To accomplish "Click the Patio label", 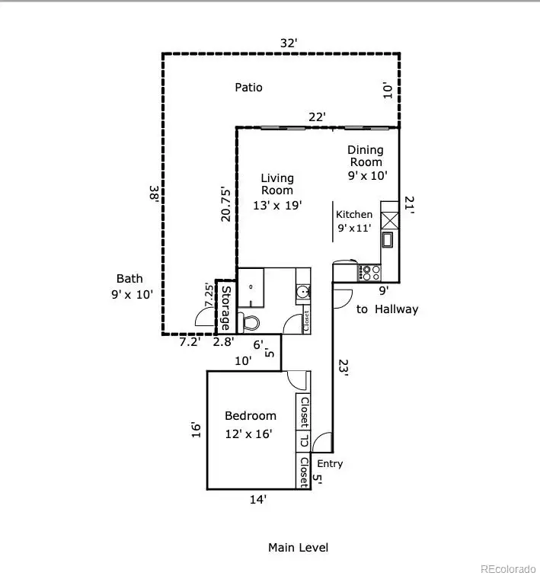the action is click(248, 88).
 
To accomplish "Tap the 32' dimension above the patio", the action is click(289, 43).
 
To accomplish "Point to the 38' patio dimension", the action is click(154, 194).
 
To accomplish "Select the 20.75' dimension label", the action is click(225, 205).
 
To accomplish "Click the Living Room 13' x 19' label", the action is click(277, 191).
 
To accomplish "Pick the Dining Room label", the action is click(366, 155).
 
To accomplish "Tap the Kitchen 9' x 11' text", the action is click(354, 221).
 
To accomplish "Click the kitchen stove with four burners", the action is click(369, 273).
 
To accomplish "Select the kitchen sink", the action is click(387, 240).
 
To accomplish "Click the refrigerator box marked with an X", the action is click(389, 221).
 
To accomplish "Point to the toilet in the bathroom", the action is click(249, 323).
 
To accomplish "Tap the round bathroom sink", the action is click(303, 293).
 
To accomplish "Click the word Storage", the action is click(225, 308).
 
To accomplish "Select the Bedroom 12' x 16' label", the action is click(251, 424).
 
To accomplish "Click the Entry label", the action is click(330, 463).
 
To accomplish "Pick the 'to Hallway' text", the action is click(387, 309).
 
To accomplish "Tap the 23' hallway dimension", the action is click(343, 368).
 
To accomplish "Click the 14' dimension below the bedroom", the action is click(258, 500).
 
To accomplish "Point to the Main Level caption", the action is click(298, 547).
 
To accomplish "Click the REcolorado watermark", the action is click(508, 569).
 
